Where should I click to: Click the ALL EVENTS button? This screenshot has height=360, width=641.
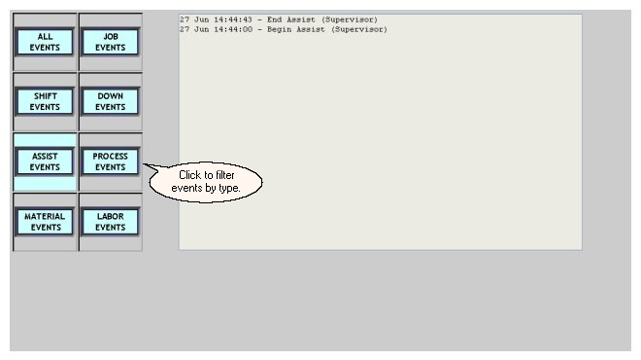(x=45, y=42)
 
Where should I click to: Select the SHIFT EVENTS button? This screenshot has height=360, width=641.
(x=45, y=101)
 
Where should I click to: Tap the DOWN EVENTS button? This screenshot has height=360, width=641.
(x=111, y=101)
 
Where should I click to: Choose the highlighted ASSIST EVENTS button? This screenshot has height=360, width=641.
(x=45, y=162)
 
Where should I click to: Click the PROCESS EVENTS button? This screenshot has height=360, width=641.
(x=111, y=162)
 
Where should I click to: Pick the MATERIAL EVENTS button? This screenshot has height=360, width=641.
(x=45, y=222)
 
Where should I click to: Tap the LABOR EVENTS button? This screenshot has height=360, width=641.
(x=111, y=222)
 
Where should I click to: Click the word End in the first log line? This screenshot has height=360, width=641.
(x=274, y=19)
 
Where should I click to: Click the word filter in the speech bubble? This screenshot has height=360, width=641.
(x=225, y=175)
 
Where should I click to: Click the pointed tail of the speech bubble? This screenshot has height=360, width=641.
(x=144, y=164)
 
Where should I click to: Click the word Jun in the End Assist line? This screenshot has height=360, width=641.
(x=201, y=19)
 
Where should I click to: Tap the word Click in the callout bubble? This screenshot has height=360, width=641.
(x=190, y=175)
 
